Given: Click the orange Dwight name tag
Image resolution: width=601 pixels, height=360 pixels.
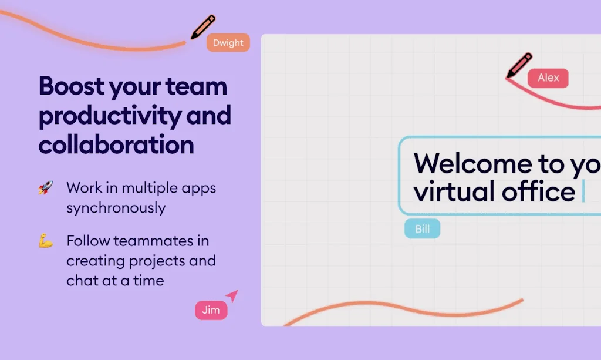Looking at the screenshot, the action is [x=228, y=42].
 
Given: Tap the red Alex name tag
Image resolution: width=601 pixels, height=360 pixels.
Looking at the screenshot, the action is [x=548, y=78].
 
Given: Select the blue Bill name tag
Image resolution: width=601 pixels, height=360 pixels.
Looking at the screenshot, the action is [x=423, y=229].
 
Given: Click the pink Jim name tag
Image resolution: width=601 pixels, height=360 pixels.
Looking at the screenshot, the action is [x=211, y=310].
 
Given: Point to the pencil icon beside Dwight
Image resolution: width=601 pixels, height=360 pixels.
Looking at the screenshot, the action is [x=202, y=27].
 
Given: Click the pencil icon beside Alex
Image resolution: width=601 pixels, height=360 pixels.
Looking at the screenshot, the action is [x=519, y=65].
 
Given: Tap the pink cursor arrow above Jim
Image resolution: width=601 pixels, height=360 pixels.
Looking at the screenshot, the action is [x=232, y=295].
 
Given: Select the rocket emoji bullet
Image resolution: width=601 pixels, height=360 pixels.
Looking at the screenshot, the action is [x=46, y=187].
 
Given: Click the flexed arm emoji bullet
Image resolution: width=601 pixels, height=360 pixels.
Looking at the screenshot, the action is [x=46, y=241].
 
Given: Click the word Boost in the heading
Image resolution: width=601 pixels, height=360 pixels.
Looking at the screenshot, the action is [x=71, y=86].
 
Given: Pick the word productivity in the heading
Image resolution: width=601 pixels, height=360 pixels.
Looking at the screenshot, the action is [x=110, y=116].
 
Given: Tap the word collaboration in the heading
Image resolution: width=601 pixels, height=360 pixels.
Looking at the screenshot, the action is [x=116, y=144].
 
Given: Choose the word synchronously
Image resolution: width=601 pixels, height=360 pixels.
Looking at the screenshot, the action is [x=116, y=208].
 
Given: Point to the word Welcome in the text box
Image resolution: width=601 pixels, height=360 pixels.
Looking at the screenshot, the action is [x=472, y=164].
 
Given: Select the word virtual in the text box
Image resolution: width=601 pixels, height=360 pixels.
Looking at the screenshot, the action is [x=454, y=191].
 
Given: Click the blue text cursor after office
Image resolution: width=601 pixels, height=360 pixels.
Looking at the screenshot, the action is [x=583, y=191].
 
